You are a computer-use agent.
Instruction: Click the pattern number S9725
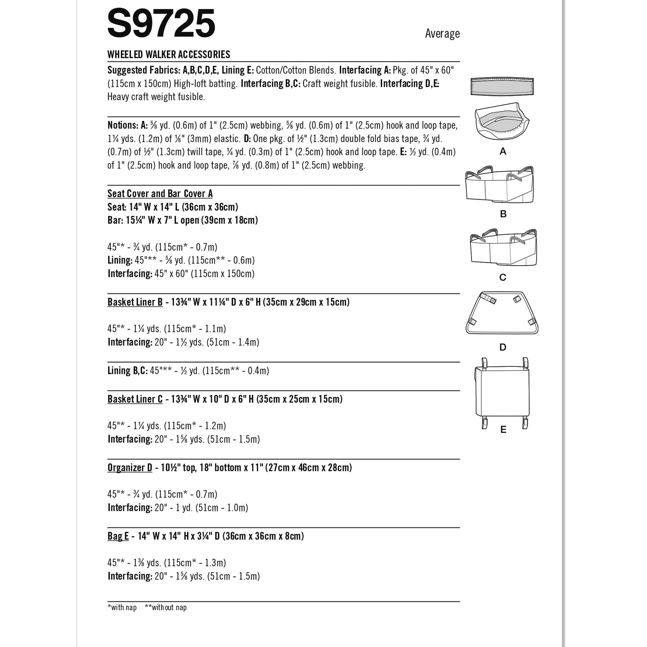coord(161,23)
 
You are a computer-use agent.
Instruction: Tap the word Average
coord(442,33)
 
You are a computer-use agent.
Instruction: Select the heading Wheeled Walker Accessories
coord(169,54)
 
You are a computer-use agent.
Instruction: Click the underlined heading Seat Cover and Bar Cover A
coord(160,194)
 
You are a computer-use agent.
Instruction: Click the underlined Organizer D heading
coord(130,467)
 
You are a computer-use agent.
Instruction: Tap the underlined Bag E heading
coord(118,536)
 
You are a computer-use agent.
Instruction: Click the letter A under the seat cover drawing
coord(503,151)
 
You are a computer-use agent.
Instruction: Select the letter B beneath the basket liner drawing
coord(503,214)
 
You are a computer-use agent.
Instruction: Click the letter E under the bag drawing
coord(503,430)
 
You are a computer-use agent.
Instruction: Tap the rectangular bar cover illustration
coord(502,86)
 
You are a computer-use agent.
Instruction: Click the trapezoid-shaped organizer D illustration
coord(502,313)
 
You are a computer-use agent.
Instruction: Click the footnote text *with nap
coord(122,607)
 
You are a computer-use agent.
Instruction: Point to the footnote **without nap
coord(166,607)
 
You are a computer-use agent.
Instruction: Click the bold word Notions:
coord(122,125)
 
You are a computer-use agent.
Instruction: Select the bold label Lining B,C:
coord(127,371)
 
